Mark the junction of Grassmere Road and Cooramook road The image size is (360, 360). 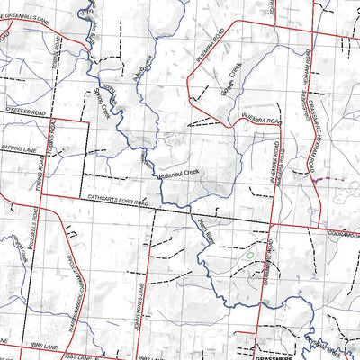pyautogui.click(x=273, y=224)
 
